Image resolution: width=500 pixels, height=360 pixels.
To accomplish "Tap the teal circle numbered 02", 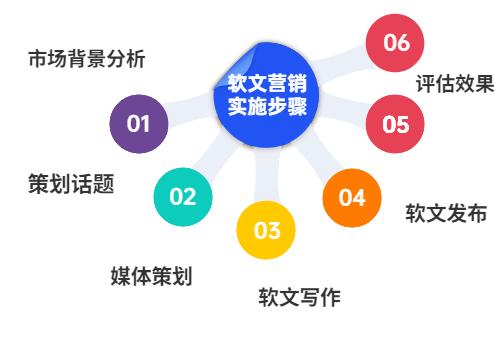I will pos(183,196).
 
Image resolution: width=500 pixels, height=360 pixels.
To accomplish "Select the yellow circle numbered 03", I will pos(266,231).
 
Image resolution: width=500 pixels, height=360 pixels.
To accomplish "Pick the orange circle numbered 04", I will pos(352,197).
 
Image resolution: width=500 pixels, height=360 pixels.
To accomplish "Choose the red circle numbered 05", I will pos(396,124).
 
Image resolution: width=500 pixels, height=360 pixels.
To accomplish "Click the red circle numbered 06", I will pos(396,43).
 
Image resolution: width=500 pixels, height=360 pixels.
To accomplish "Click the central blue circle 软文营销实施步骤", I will pos(260,96).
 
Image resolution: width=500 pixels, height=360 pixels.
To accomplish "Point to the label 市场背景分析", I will pos(86,59).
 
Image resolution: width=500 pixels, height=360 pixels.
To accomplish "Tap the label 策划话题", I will pos(70,185).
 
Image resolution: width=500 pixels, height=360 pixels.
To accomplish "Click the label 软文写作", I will pos(299,297).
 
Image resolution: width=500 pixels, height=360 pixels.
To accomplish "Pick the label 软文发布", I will pos(446,213).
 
